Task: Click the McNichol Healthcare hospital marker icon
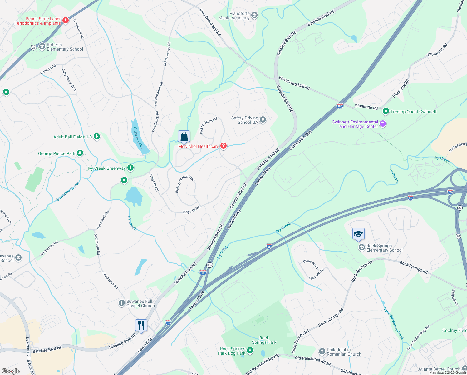(224, 146)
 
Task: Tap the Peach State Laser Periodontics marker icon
(65, 21)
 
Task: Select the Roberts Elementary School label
(65, 47)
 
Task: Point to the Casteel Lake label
(138, 138)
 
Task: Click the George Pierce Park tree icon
(80, 153)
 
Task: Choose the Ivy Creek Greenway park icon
(130, 168)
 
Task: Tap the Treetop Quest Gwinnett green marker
(386, 111)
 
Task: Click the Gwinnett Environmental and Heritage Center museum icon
(383, 124)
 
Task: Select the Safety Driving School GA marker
(263, 120)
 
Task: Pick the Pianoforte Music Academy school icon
(254, 15)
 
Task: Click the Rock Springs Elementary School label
(385, 248)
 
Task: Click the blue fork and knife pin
(141, 325)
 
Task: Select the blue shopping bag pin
(184, 137)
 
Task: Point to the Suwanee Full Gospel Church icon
(121, 303)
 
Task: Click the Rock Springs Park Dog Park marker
(250, 351)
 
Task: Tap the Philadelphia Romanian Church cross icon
(322, 352)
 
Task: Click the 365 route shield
(209, 265)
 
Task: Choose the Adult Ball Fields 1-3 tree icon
(97, 137)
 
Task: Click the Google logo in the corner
(11, 371)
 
